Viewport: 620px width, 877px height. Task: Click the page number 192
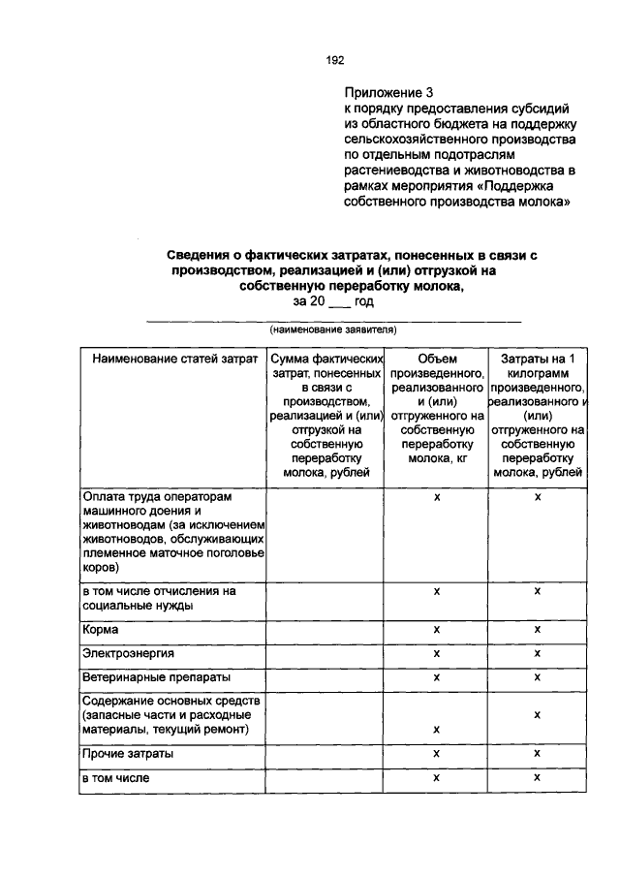pos(334,60)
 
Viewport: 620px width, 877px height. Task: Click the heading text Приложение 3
pos(386,93)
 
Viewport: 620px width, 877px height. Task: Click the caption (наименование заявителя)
pos(332,329)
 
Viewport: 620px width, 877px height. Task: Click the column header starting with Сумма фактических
pos(324,416)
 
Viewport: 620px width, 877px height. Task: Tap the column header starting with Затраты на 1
pos(537,416)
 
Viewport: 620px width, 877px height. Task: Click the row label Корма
pos(101,630)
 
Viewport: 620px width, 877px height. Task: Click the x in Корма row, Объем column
pos(437,630)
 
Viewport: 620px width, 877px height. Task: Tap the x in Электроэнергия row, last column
pos(537,653)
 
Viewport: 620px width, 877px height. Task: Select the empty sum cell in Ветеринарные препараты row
pos(324,676)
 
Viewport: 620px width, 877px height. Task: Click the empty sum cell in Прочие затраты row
pos(324,753)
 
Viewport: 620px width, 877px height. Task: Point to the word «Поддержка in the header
pos(534,186)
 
